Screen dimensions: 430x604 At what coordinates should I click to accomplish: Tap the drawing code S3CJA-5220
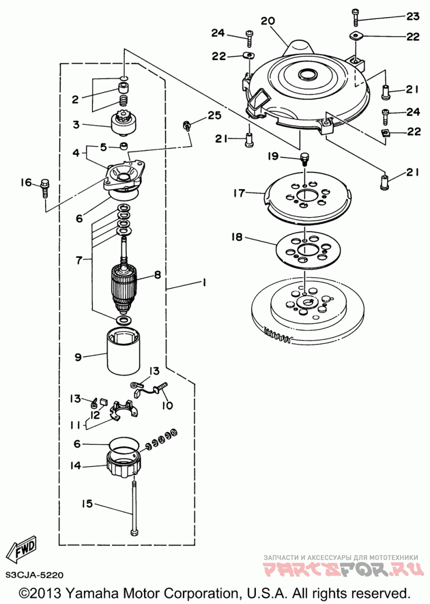click(35, 575)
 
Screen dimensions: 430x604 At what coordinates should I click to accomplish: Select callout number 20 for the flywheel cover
click(268, 21)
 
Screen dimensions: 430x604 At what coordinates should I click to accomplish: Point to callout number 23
click(413, 17)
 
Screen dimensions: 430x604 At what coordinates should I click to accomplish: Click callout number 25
click(214, 115)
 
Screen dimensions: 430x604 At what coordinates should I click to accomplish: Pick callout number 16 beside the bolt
click(26, 182)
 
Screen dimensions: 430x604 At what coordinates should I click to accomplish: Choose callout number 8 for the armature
click(157, 275)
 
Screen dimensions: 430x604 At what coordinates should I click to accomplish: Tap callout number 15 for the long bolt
click(88, 504)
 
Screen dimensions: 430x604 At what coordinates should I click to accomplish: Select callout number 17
click(239, 192)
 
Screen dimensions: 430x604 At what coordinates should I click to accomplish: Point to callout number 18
click(237, 237)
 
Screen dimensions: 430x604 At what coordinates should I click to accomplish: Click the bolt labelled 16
click(45, 188)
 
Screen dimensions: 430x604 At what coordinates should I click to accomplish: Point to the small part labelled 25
click(187, 126)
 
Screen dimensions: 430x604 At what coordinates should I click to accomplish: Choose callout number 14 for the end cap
click(76, 466)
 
